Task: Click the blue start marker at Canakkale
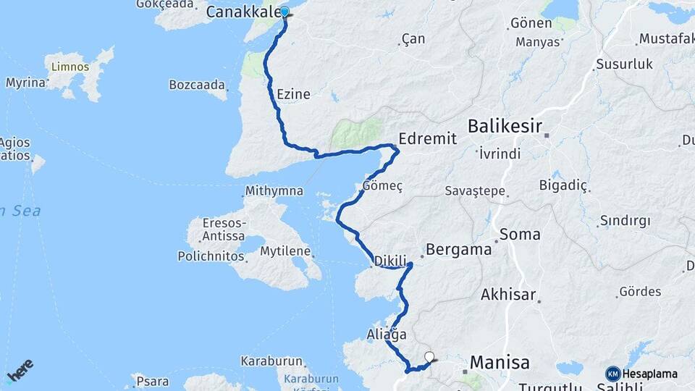pyautogui.click(x=285, y=12)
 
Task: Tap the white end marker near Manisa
pyautogui.click(x=429, y=356)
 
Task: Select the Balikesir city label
pyautogui.click(x=505, y=127)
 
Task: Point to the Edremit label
pyautogui.click(x=428, y=139)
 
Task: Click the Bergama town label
pyautogui.click(x=459, y=250)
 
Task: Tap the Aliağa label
pyautogui.click(x=387, y=335)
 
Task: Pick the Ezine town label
pyautogui.click(x=293, y=94)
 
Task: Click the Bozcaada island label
pyautogui.click(x=197, y=85)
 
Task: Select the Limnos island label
pyautogui.click(x=70, y=67)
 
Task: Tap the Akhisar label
pyautogui.click(x=508, y=295)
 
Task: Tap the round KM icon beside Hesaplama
pyautogui.click(x=612, y=374)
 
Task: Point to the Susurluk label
pyautogui.click(x=624, y=64)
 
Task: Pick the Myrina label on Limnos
pyautogui.click(x=25, y=83)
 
